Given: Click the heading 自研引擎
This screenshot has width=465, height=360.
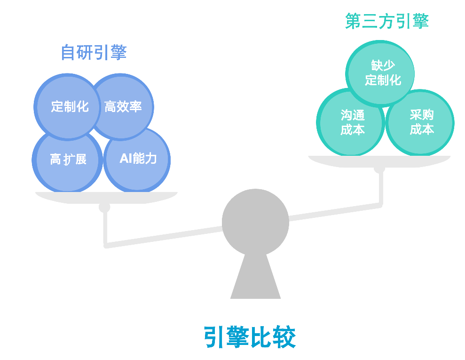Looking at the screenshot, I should point(94,52).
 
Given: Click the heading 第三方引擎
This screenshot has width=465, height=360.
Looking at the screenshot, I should point(386,21).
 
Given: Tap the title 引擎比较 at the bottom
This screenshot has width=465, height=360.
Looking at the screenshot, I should point(250,337).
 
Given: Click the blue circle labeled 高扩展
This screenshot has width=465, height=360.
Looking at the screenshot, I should point(68,160).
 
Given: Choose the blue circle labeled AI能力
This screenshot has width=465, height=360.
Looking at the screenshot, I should point(137,159).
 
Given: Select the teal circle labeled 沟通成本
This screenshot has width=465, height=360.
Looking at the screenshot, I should point(352,122).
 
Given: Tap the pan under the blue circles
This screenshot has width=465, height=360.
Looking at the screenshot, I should point(106,197).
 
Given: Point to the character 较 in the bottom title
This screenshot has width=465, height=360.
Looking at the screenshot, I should point(284,337).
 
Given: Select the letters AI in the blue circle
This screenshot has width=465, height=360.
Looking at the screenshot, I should point(126,159).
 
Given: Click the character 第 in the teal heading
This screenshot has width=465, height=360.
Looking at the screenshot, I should point(353,21).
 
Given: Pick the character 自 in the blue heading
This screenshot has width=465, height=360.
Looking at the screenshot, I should point(69,52).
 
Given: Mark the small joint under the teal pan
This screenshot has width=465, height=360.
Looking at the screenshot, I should point(379,169).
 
